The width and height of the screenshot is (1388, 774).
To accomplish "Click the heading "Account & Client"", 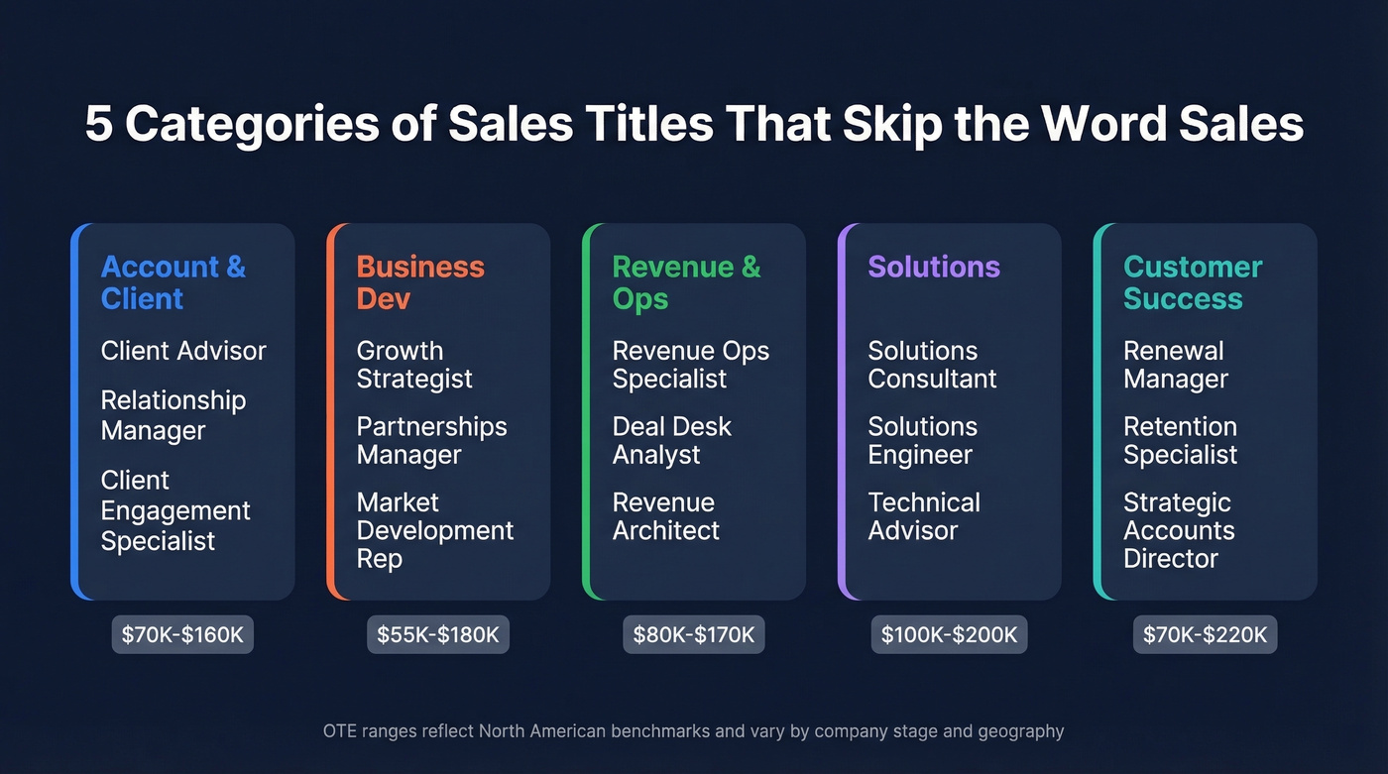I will [173, 282].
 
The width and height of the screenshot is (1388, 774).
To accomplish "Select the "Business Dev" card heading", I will [420, 282].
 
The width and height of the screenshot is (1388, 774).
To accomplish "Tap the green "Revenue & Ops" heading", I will [686, 282].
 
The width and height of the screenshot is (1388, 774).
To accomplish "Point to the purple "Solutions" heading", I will [934, 267].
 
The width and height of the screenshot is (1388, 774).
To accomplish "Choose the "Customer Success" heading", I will [1193, 282].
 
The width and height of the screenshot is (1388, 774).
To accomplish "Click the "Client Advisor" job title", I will [183, 351].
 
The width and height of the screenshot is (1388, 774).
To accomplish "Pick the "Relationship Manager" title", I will [173, 415].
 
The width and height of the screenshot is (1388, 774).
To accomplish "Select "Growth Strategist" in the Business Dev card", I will [414, 365].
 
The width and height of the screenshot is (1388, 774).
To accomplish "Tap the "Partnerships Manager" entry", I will [431, 441].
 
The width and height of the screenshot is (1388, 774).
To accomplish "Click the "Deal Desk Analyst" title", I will [671, 441].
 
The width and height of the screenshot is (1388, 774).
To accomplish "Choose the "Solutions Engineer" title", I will [922, 441].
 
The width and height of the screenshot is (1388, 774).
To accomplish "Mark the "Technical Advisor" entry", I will [924, 516].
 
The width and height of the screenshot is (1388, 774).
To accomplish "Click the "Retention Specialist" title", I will [1180, 441].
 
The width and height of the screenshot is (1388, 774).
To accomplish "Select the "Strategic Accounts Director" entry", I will [1179, 530].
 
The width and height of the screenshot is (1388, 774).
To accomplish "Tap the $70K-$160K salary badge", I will [182, 634].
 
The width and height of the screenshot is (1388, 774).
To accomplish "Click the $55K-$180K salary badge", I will [438, 634].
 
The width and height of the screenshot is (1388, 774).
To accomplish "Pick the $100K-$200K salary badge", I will [950, 634].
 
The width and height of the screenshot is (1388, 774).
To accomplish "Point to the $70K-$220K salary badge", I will [1205, 634].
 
